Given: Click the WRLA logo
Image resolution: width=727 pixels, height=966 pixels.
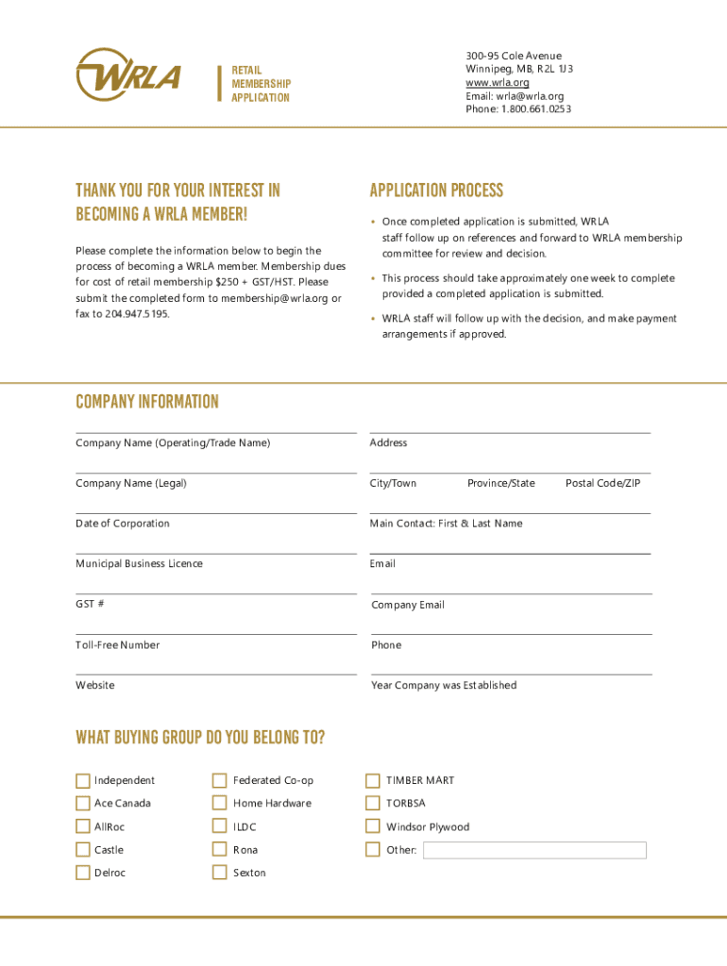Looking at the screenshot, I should pyautogui.click(x=127, y=75).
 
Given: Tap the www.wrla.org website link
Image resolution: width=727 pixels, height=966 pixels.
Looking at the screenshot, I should pyautogui.click(x=497, y=83).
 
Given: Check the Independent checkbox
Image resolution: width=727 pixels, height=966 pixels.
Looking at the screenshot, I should pyautogui.click(x=83, y=780).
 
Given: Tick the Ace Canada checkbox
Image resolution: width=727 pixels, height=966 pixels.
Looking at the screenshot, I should pyautogui.click(x=83, y=804).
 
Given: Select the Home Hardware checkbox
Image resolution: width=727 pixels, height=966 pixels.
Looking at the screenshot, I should pyautogui.click(x=219, y=804).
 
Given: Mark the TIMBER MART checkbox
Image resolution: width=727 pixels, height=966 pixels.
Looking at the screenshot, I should pyautogui.click(x=373, y=780).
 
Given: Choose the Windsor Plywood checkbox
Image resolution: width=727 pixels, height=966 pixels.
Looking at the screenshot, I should pyautogui.click(x=373, y=827).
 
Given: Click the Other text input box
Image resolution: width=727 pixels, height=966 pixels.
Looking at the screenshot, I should pyautogui.click(x=534, y=851).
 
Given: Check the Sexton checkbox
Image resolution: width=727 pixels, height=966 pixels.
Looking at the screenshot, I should pyautogui.click(x=219, y=873).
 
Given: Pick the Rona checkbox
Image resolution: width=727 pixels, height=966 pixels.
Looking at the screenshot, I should pyautogui.click(x=219, y=850).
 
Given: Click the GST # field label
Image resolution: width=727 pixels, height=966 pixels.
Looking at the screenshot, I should pyautogui.click(x=91, y=605).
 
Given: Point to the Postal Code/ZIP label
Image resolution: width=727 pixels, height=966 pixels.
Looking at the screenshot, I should pyautogui.click(x=602, y=484).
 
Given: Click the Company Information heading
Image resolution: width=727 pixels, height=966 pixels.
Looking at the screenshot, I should pyautogui.click(x=147, y=402).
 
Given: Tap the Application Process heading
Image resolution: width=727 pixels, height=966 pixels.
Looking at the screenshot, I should pyautogui.click(x=436, y=191).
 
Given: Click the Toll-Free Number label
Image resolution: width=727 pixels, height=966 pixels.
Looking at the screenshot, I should pyautogui.click(x=118, y=645).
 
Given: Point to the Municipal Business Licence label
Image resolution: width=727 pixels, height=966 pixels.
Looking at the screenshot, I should pyautogui.click(x=139, y=564).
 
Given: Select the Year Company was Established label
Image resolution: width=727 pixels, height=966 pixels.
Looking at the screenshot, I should pyautogui.click(x=444, y=686).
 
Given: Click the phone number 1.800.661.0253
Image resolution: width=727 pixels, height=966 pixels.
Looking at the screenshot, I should pyautogui.click(x=535, y=109).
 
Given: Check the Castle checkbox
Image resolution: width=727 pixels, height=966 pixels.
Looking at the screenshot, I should pyautogui.click(x=83, y=850).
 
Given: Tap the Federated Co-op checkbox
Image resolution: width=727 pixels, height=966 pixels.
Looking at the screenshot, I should pyautogui.click(x=219, y=780).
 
